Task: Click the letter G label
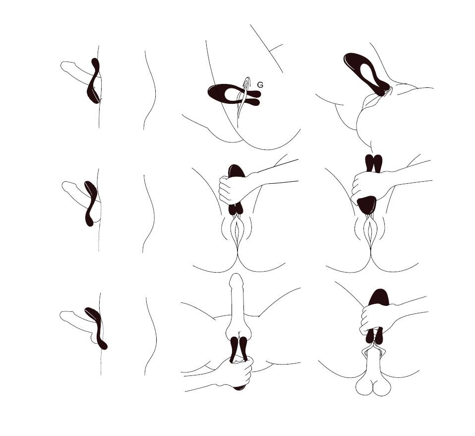pyautogui.click(x=260, y=85)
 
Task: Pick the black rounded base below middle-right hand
pyautogui.click(x=366, y=205)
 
